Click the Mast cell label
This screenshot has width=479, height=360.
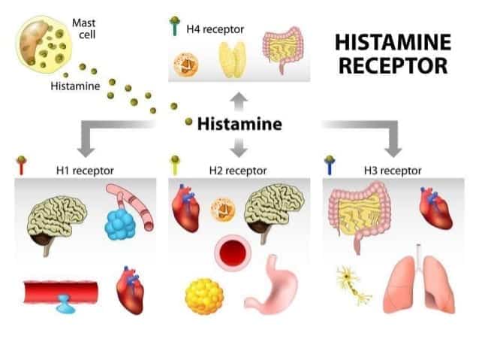pos(83,29)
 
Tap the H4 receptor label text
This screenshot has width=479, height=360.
pos(215,29)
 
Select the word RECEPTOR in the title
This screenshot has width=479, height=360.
pos(393,65)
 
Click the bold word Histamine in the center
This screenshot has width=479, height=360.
pos(239,124)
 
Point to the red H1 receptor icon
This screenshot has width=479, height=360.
pos(21,165)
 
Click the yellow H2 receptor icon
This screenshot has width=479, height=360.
pos(175,165)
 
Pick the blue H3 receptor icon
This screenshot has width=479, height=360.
pos(330,165)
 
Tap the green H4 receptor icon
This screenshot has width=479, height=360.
pos(175,26)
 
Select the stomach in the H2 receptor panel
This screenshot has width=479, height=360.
pos(272,286)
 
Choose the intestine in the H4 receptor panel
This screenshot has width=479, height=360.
pos(283,50)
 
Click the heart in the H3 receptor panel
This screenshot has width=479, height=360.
pos(435,208)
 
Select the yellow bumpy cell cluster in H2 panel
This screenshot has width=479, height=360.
pos(204,296)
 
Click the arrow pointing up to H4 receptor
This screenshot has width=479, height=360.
pos(239,102)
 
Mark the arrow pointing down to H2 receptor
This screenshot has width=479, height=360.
pos(239,147)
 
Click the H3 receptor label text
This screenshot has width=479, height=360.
pos(393,171)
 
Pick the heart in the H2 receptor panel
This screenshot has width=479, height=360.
pos(185,208)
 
